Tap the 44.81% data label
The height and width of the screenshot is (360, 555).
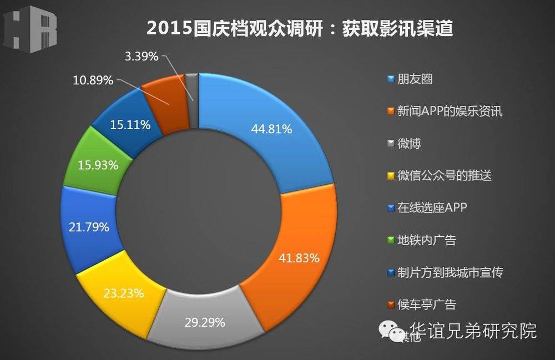click(271, 130)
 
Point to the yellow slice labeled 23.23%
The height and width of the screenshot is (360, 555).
click(123, 293)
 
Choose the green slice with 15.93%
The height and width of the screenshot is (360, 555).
click(98, 165)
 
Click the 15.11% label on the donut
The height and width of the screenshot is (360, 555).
click(129, 125)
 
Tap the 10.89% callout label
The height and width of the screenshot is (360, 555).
click(93, 80)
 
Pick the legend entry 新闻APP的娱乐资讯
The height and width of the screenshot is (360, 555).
click(443, 111)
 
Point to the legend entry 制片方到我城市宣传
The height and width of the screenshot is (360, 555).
click(443, 272)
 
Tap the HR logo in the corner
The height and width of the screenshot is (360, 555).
click(31, 31)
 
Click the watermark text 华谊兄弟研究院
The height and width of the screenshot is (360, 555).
click(473, 331)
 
